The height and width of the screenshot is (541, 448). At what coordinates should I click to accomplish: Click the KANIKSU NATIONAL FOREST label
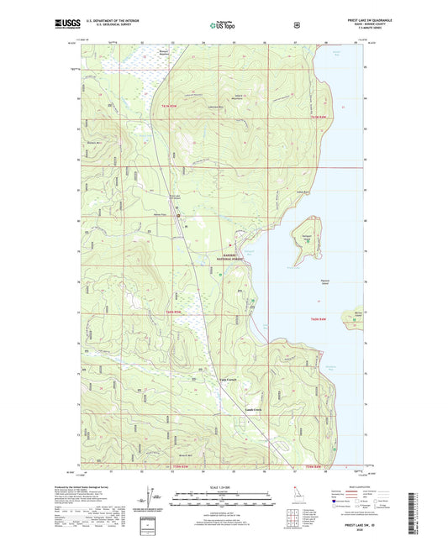click(x=238, y=257)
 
